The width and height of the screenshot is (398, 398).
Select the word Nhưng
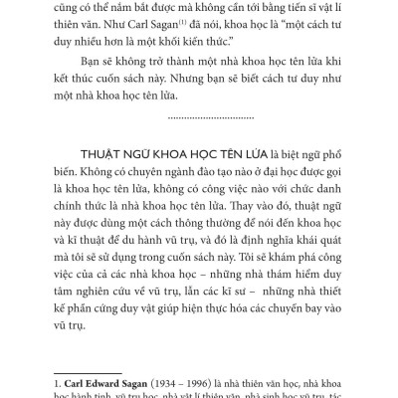point(233,94)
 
